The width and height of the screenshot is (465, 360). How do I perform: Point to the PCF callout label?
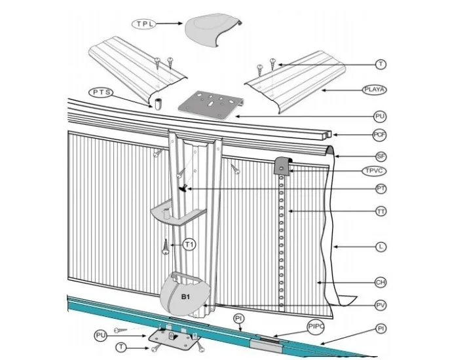tap(380, 135)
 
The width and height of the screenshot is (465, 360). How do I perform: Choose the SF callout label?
tap(380, 156)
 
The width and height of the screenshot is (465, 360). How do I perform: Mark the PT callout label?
tap(380, 189)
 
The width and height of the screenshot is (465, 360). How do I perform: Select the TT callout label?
tap(380, 211)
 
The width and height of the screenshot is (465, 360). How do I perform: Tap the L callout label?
tap(380, 247)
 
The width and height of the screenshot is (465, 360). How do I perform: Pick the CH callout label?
tap(380, 283)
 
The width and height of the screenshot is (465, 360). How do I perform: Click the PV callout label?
tap(380, 305)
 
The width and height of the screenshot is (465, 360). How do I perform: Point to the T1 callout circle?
tap(189, 245)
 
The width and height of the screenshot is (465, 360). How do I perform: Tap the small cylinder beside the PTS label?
tap(158, 104)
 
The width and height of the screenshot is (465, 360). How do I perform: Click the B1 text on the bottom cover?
tap(186, 297)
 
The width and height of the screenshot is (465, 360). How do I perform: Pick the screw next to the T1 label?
tap(166, 247)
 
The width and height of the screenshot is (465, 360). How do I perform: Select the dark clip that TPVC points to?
tap(282, 166)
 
